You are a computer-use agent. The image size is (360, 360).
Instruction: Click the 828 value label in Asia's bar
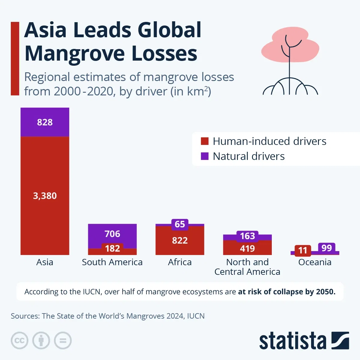[45, 122]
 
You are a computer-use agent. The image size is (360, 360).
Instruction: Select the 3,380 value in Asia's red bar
[45, 196]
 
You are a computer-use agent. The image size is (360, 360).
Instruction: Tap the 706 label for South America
[112, 234]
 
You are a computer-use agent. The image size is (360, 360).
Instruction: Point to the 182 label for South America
[112, 248]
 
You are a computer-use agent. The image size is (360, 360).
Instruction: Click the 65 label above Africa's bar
[180, 224]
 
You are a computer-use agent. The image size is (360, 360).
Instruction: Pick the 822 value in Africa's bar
[180, 241]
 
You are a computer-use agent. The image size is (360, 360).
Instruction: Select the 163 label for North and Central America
[247, 236]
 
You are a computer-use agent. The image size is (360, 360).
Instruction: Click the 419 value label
[247, 249]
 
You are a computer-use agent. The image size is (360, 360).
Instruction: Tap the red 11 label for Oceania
[303, 250]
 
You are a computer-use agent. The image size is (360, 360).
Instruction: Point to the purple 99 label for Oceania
[326, 248]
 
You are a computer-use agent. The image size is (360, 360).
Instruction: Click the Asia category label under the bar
[45, 262]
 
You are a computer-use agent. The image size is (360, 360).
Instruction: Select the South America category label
[112, 262]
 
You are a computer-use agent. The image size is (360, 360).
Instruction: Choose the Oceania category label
[315, 262]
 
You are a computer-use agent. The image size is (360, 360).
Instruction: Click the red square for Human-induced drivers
[205, 141]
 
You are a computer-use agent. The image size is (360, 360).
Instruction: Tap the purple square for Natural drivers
[205, 156]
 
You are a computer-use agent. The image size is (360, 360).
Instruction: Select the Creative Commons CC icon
[19, 340]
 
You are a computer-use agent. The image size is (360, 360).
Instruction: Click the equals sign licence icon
[63, 340]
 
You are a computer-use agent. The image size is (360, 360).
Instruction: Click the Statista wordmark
[292, 341]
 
